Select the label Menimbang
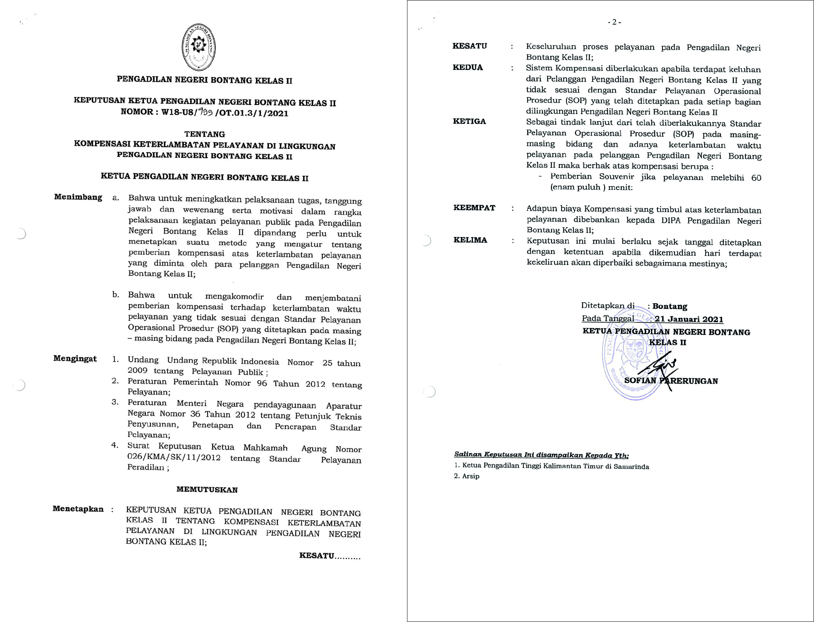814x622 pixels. pyautogui.click(x=78, y=197)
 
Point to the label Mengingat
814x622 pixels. pyautogui.click(x=75, y=358)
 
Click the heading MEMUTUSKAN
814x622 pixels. pyautogui.click(x=207, y=489)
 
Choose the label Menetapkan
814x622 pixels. pyautogui.click(x=78, y=509)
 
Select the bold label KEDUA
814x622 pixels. pyautogui.click(x=468, y=67)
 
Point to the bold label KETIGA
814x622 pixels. pyautogui.click(x=469, y=121)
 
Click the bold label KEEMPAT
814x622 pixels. pyautogui.click(x=474, y=208)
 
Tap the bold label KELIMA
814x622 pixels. pyautogui.click(x=470, y=240)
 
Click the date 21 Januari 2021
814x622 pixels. pyautogui.click(x=689, y=319)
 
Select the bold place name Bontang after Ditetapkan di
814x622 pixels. pyautogui.click(x=670, y=306)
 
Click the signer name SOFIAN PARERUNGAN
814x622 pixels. pyautogui.click(x=671, y=381)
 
